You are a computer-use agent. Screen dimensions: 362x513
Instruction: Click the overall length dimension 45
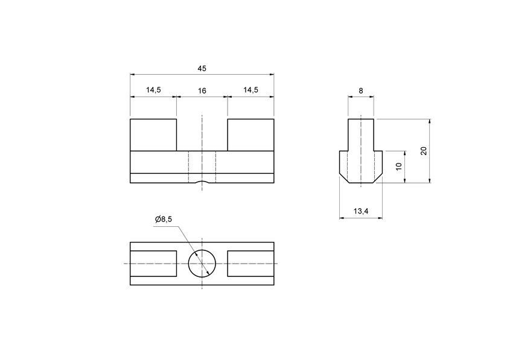[202, 69]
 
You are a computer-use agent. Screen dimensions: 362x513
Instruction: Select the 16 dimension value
[202, 91]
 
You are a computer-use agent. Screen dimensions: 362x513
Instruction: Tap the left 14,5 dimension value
[153, 91]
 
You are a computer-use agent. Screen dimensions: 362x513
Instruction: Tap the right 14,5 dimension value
[250, 91]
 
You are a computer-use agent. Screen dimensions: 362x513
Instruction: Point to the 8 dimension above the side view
[360, 91]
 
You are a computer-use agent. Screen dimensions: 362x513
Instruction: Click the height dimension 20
[424, 150]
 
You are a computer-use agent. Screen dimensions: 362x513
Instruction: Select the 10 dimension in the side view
[399, 166]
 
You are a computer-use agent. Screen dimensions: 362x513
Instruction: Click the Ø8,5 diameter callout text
[163, 220]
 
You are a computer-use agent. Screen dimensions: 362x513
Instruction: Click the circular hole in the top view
[202, 264]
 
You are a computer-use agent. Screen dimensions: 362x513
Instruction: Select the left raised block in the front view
[153, 135]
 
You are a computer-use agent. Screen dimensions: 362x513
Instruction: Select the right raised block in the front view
[250, 135]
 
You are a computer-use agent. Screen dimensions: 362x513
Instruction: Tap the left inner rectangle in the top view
[153, 264]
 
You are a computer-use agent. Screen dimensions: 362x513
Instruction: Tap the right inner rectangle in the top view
[250, 264]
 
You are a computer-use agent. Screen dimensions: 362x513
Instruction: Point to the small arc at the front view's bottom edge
[202, 182]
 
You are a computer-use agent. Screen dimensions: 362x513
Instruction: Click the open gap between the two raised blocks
[202, 135]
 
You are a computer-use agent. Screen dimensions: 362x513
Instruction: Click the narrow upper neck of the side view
[360, 135]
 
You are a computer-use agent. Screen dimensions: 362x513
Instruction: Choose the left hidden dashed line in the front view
[188, 167]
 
